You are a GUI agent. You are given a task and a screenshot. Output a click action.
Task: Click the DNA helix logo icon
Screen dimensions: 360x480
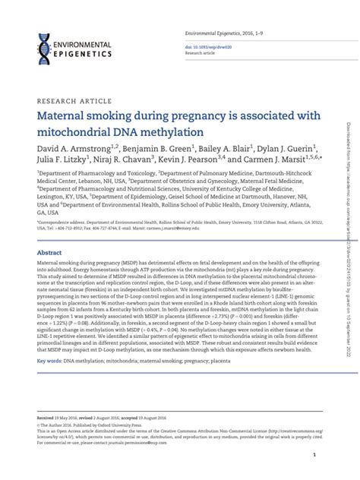click(44, 46)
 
